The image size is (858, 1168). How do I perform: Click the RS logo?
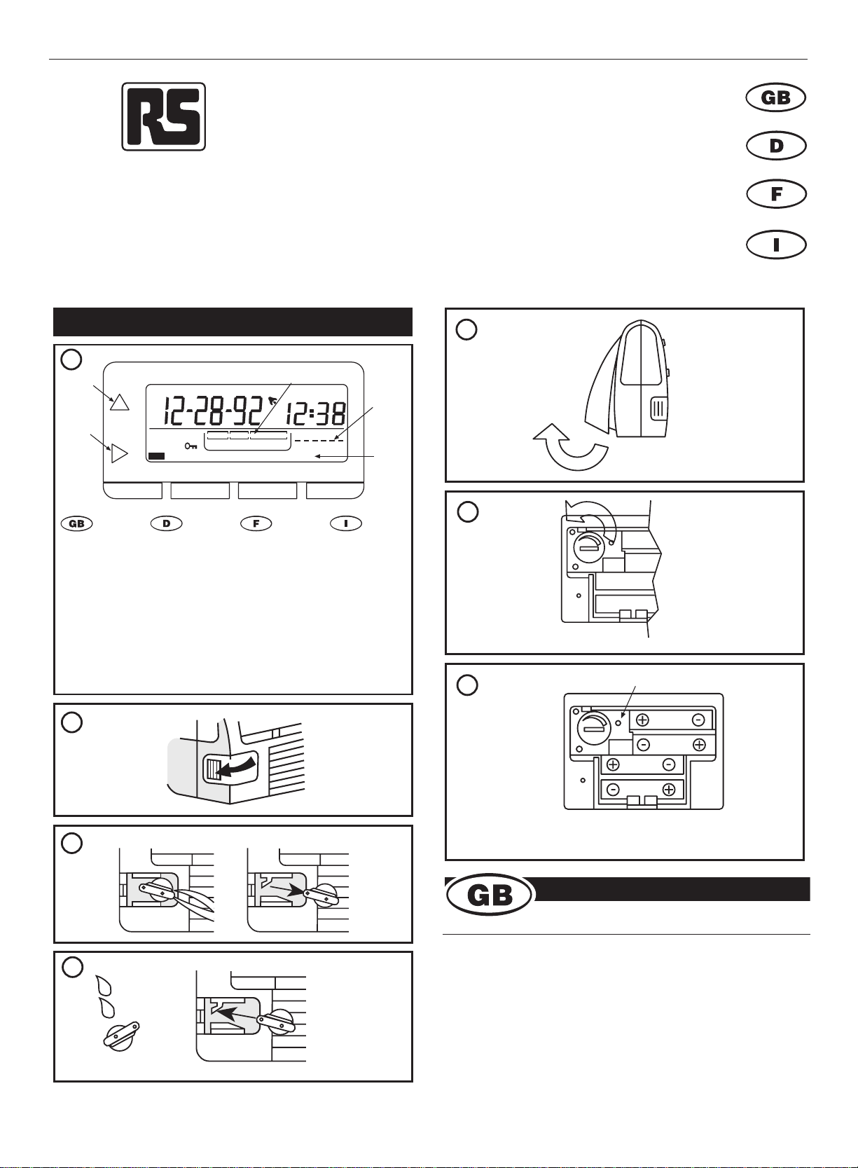164,117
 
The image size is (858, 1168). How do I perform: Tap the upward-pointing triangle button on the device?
120,402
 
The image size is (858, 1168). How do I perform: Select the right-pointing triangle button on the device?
119,453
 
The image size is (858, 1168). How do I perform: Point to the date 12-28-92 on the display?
212,412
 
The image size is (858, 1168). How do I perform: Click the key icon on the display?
191,446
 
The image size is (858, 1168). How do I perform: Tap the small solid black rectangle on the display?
156,456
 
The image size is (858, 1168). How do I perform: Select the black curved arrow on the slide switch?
237,766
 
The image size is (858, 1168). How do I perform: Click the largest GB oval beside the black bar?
489,895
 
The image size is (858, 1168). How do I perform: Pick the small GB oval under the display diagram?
76,523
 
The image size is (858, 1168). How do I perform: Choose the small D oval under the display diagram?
166,523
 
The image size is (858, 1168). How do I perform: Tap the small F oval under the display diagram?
256,523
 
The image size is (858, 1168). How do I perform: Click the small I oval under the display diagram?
346,523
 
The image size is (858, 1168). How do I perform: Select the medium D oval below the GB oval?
776,146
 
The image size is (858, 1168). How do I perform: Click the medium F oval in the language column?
776,194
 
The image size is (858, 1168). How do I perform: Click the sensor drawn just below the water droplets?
121,1033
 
